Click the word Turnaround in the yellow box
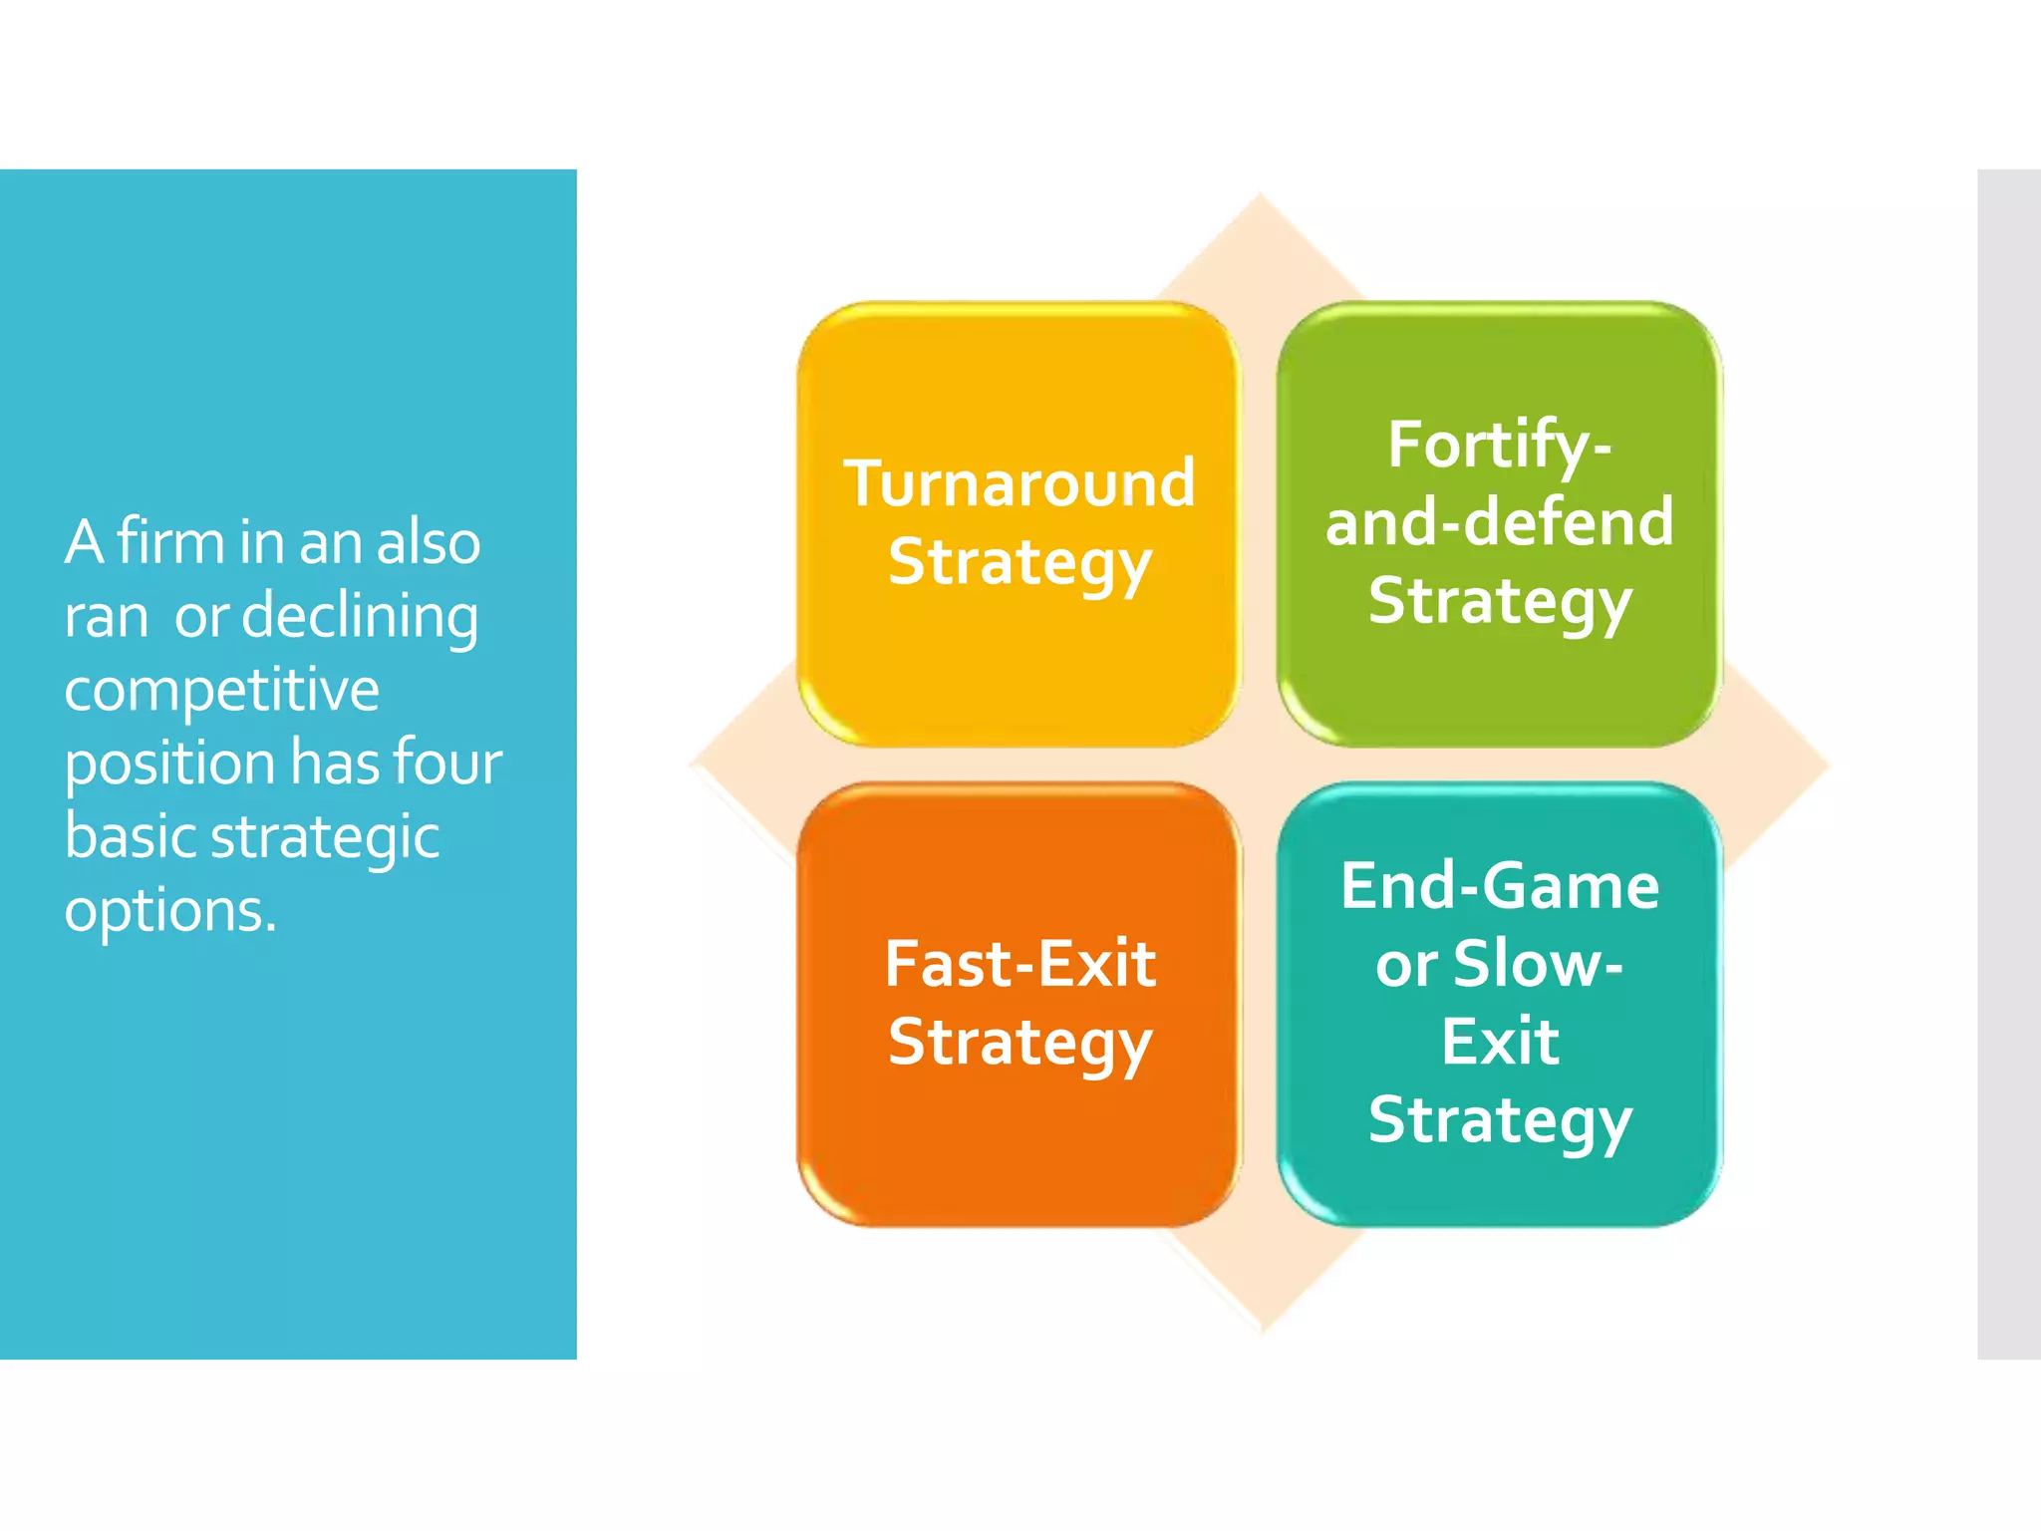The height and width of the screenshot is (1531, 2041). [x=1019, y=483]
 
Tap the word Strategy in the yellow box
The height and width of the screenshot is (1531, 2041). [x=1020, y=564]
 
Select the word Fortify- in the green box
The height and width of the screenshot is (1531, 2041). [x=1499, y=446]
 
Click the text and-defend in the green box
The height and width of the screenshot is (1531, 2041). [x=1499, y=522]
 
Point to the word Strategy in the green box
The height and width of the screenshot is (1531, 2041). [x=1499, y=603]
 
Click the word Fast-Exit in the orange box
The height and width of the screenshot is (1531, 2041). [x=1020, y=964]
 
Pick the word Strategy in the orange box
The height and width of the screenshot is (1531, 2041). [x=1020, y=1045]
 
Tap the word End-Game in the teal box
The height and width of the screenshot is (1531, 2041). [x=1499, y=886]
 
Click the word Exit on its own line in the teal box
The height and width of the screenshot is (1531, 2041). [x=1499, y=1043]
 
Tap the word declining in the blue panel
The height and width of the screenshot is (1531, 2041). [x=360, y=615]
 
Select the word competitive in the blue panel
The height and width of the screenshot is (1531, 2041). [x=221, y=690]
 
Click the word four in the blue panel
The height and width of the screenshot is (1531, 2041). [x=447, y=763]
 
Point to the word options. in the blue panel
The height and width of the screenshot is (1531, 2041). [x=170, y=911]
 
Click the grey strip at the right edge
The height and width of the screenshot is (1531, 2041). [x=2008, y=764]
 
